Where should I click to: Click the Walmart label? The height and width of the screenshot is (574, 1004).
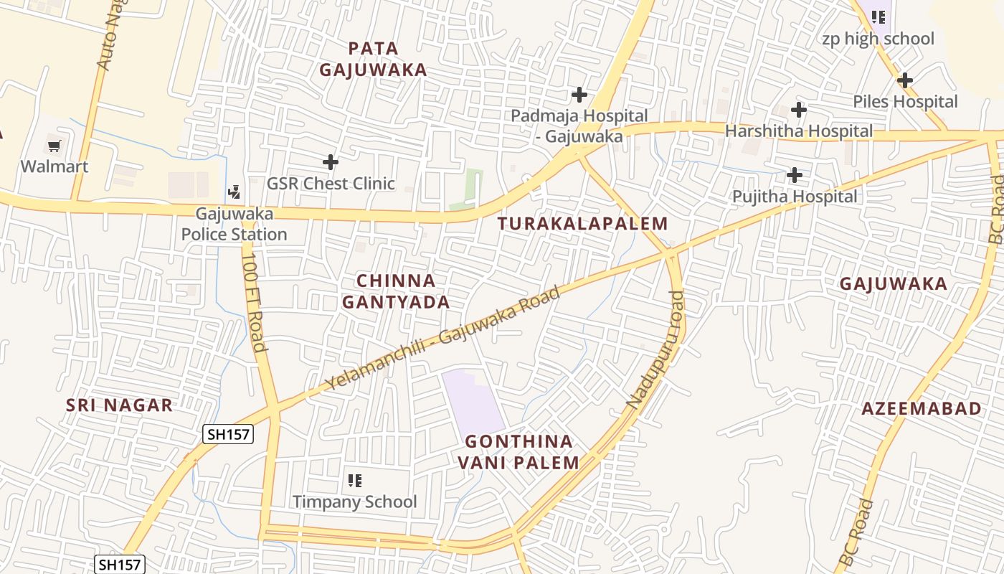coord(55,166)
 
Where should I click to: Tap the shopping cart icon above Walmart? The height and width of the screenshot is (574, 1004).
coord(54,146)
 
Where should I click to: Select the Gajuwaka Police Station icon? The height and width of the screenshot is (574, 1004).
coord(233,192)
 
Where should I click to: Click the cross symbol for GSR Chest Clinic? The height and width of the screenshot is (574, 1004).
coord(330,162)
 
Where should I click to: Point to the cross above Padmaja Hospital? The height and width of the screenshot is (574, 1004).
coord(579,94)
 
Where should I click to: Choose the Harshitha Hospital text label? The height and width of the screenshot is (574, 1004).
coord(799,131)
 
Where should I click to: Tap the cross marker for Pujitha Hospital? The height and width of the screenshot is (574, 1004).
coord(794,174)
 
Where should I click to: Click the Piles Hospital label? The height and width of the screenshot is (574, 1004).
coord(905,102)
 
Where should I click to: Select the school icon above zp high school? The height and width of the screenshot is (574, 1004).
coord(878,16)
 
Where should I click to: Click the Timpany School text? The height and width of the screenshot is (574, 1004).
coord(354,502)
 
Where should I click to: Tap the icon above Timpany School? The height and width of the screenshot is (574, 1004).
coord(354,480)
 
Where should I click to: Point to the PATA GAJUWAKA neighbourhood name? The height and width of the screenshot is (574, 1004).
coord(373,59)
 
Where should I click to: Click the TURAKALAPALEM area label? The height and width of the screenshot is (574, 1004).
coord(582,223)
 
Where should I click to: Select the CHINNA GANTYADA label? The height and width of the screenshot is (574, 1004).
coord(396,291)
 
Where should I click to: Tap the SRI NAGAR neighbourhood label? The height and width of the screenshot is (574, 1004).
coord(119,405)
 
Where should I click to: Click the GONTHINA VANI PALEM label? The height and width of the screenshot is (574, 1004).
coord(518,452)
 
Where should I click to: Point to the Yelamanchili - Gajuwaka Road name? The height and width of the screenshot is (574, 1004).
coord(442,338)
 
